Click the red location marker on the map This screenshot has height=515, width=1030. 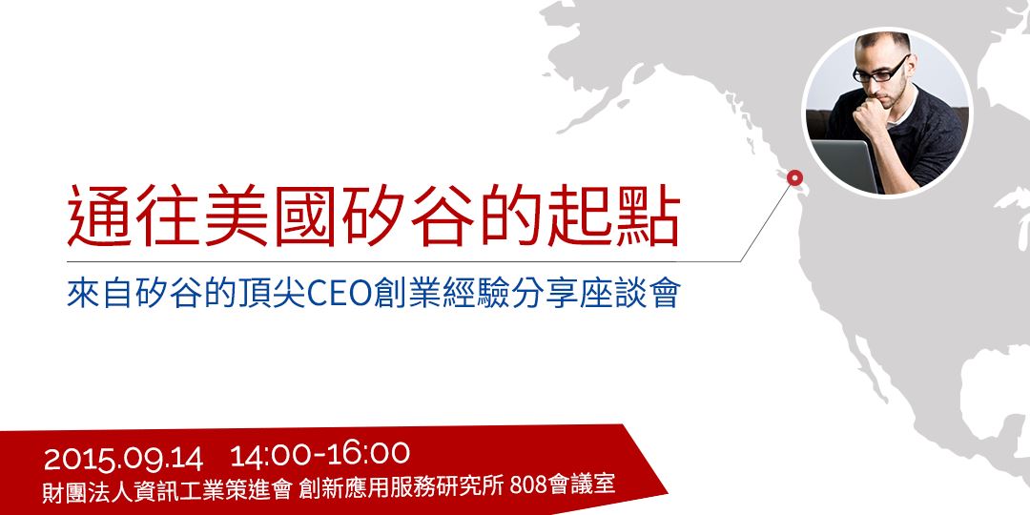[793, 176]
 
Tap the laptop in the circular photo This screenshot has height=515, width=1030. [844, 163]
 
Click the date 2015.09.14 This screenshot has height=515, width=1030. [123, 459]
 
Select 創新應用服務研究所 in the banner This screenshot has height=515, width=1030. [401, 486]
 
